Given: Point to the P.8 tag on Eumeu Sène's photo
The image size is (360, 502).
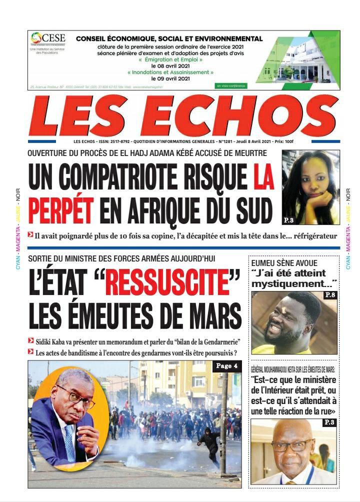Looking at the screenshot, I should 330,295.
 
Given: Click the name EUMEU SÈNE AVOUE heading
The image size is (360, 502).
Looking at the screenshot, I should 284,263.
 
